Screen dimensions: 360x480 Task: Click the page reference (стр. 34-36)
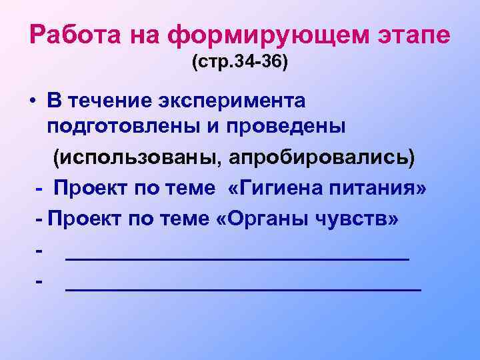point(239,65)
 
